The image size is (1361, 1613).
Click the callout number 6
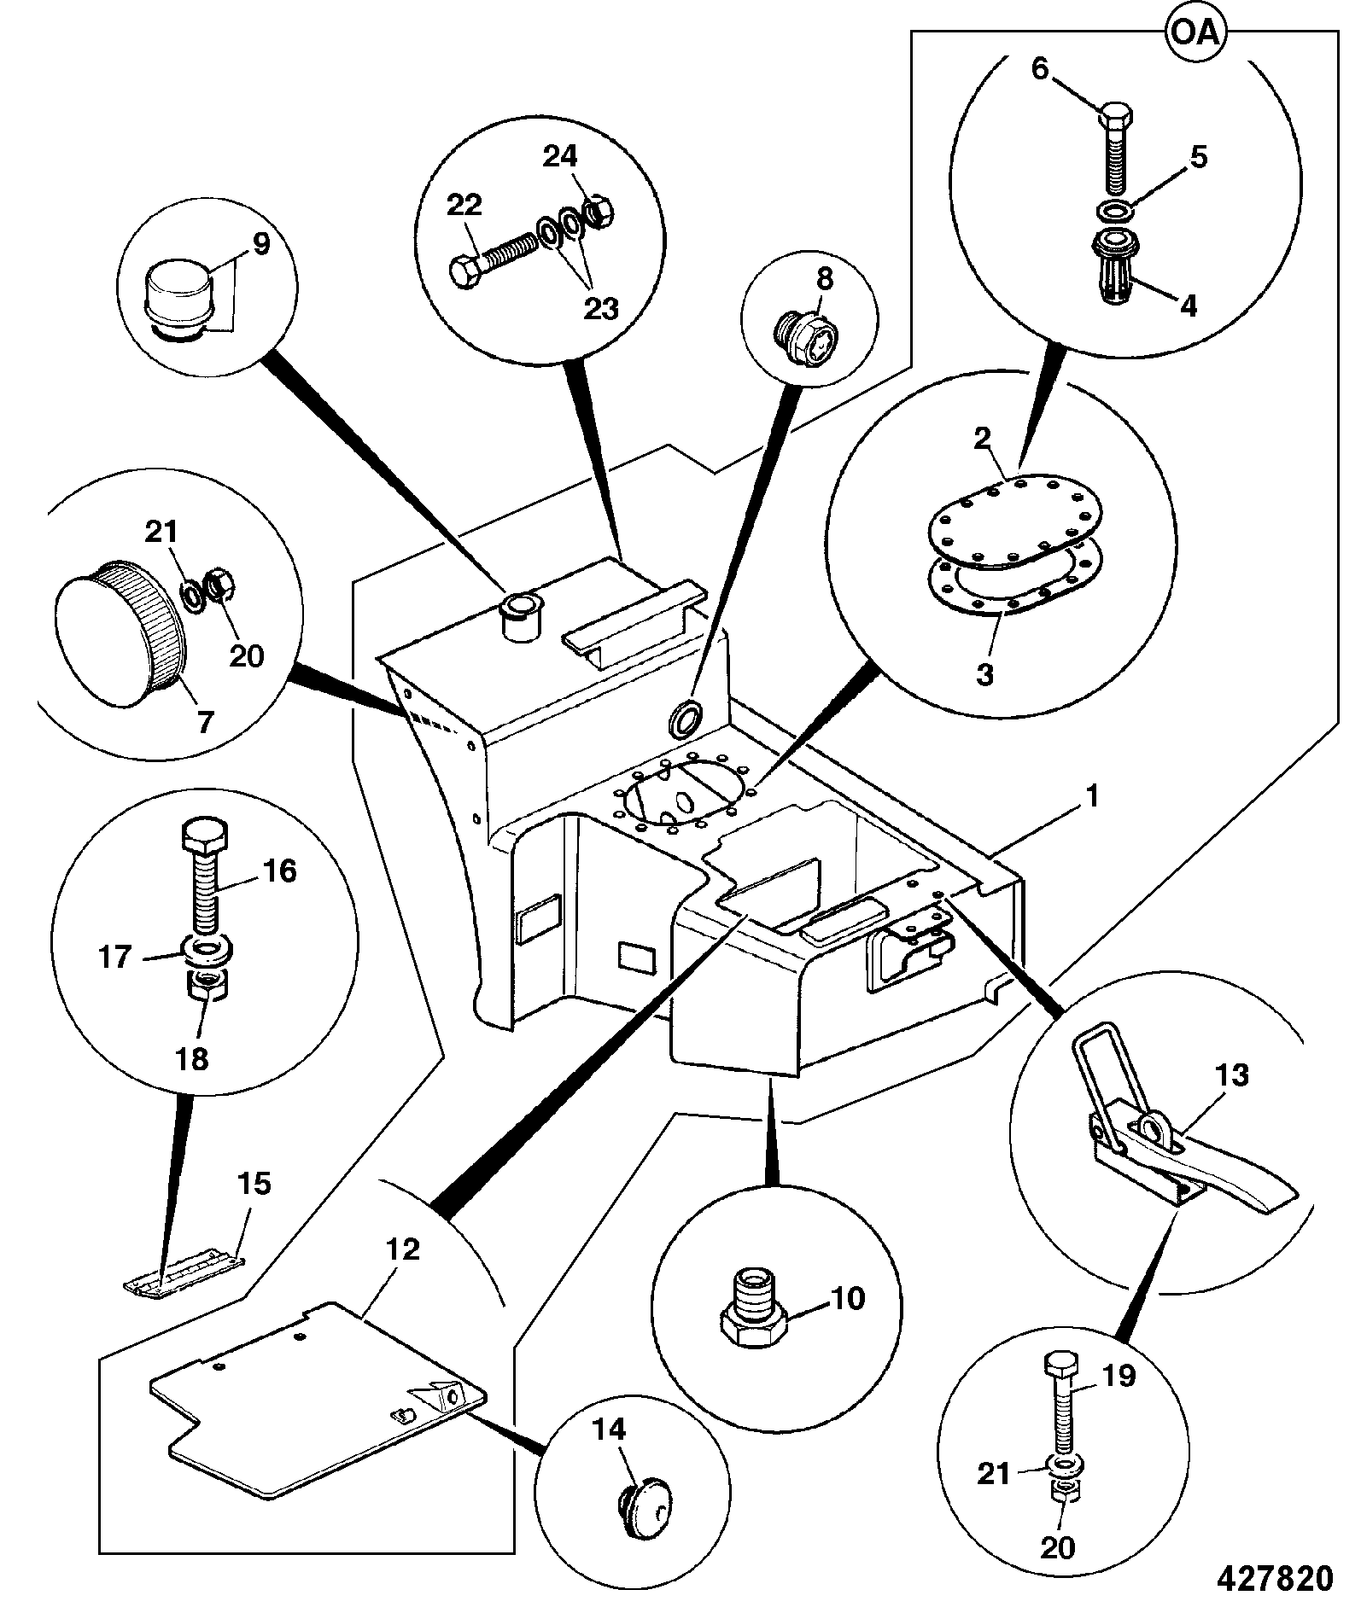(x=1039, y=70)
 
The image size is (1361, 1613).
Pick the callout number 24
(x=560, y=156)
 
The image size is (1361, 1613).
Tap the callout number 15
(x=253, y=1185)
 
